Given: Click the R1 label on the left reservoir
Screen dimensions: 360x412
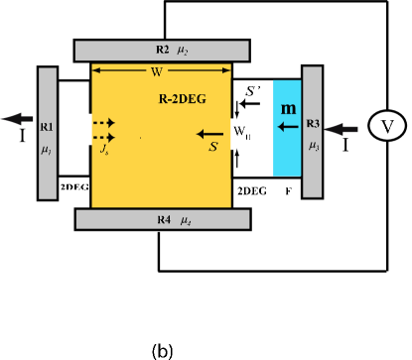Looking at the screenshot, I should (48, 128).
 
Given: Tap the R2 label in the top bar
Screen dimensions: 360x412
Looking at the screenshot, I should (163, 49).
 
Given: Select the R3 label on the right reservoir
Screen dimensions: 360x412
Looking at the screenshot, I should (313, 124).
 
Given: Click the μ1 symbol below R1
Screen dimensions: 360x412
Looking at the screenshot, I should (47, 149).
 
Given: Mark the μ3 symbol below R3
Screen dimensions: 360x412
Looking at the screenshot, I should (314, 145).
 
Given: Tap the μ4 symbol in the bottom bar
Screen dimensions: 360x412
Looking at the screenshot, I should (186, 220).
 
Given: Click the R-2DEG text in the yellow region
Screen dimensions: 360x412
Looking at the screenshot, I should (183, 100).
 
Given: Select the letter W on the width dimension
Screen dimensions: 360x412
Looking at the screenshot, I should (156, 71).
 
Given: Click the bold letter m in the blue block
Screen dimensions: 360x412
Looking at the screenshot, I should (288, 107).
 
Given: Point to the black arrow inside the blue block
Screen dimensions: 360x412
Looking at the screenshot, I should (287, 127).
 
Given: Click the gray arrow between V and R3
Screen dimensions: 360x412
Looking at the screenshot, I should (343, 128).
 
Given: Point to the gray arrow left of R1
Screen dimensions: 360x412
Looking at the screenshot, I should (17, 119).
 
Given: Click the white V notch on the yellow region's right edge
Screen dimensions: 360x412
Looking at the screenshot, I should (235, 132).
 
